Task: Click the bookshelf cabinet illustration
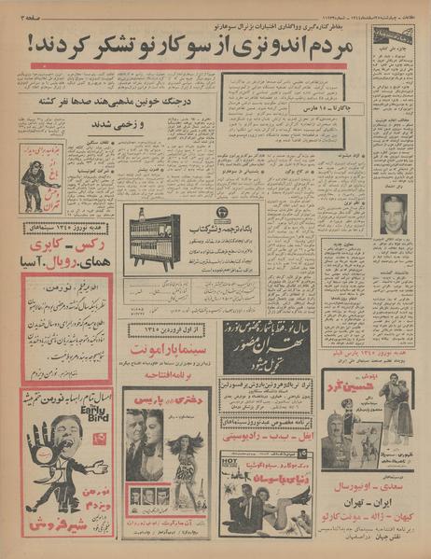152,237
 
